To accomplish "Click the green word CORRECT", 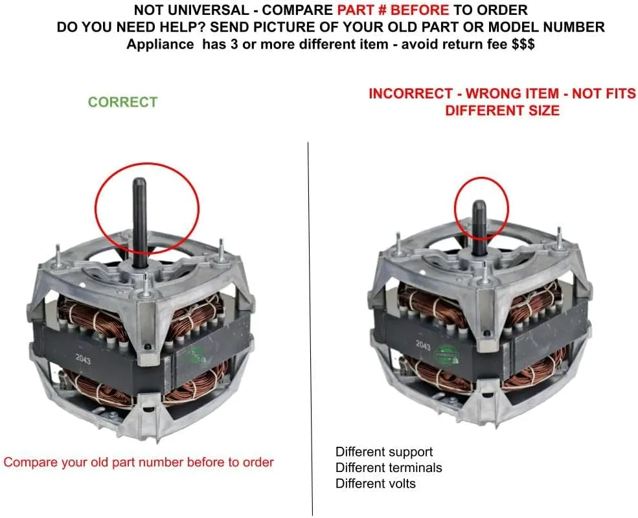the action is tap(122, 102).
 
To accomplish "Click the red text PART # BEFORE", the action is tap(393, 10).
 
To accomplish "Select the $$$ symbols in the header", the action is tap(523, 44).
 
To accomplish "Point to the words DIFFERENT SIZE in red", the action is tap(502, 111).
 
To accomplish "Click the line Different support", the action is tap(383, 452).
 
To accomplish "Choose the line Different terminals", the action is tap(389, 468).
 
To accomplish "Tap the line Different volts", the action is tap(376, 484).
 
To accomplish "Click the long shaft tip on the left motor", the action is tap(139, 181).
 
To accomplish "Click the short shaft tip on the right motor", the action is tap(479, 205).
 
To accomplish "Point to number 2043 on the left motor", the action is tap(83, 359).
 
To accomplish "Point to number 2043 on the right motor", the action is tap(423, 345).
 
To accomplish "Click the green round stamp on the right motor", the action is tap(446, 355).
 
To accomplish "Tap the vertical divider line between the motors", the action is tap(310, 330).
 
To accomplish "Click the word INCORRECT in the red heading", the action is tap(411, 93).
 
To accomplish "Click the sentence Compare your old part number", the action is tap(139, 462).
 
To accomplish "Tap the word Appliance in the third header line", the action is tap(161, 44).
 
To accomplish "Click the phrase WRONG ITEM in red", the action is tap(512, 93).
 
